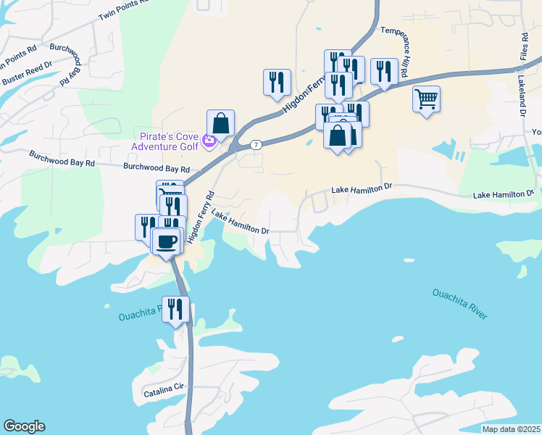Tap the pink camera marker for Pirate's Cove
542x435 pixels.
[209, 141]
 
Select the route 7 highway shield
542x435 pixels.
[257, 145]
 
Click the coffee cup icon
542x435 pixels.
[167, 241]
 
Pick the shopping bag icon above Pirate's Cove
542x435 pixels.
[220, 123]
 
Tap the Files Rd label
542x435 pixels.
[524, 46]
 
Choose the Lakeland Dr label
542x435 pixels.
[521, 94]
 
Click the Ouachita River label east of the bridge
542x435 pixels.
[459, 303]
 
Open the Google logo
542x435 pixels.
[24, 426]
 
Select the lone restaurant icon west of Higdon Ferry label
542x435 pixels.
[277, 82]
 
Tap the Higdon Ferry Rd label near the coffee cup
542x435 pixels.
[201, 217]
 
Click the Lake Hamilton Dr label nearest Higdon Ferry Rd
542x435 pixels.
[241, 224]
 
